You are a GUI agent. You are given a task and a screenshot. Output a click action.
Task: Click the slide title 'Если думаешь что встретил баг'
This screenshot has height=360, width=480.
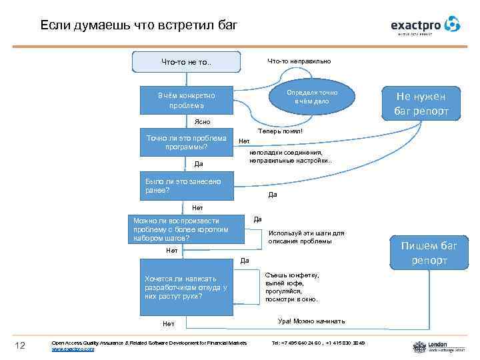click(x=138, y=25)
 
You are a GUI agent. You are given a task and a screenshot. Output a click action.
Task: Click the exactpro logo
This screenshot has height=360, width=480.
click(x=425, y=25)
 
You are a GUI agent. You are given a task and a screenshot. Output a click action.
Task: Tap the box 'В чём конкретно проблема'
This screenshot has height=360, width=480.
click(x=186, y=101)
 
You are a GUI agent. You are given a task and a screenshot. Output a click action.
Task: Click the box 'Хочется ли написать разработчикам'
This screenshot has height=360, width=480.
click(x=186, y=287)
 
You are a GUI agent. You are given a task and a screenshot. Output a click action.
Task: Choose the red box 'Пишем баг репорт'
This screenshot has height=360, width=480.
click(x=429, y=253)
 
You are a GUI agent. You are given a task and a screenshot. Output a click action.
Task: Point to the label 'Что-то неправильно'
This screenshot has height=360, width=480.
click(x=299, y=61)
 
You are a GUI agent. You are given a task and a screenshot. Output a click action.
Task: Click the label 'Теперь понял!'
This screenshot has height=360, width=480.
click(x=280, y=131)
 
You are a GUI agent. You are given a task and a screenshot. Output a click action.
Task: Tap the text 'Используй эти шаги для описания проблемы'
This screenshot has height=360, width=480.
click(x=306, y=237)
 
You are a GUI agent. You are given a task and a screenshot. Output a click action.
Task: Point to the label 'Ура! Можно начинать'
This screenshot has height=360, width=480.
click(x=311, y=321)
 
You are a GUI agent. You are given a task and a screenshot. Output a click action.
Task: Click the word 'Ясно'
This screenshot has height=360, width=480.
click(x=201, y=122)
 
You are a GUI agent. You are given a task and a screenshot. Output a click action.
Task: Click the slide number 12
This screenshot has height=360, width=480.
click(x=20, y=345)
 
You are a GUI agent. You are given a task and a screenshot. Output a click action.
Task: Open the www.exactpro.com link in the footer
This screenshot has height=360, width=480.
click(x=73, y=349)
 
